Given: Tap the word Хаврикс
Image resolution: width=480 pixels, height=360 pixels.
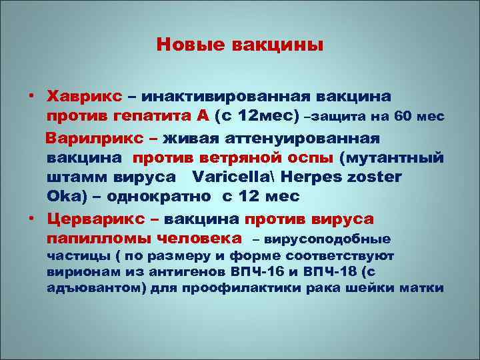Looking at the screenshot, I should pyautogui.click(x=81, y=97).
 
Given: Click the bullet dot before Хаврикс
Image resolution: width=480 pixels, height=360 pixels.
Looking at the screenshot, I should pyautogui.click(x=31, y=97).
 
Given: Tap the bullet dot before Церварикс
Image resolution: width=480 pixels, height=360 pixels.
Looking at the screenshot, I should pyautogui.click(x=31, y=219).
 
